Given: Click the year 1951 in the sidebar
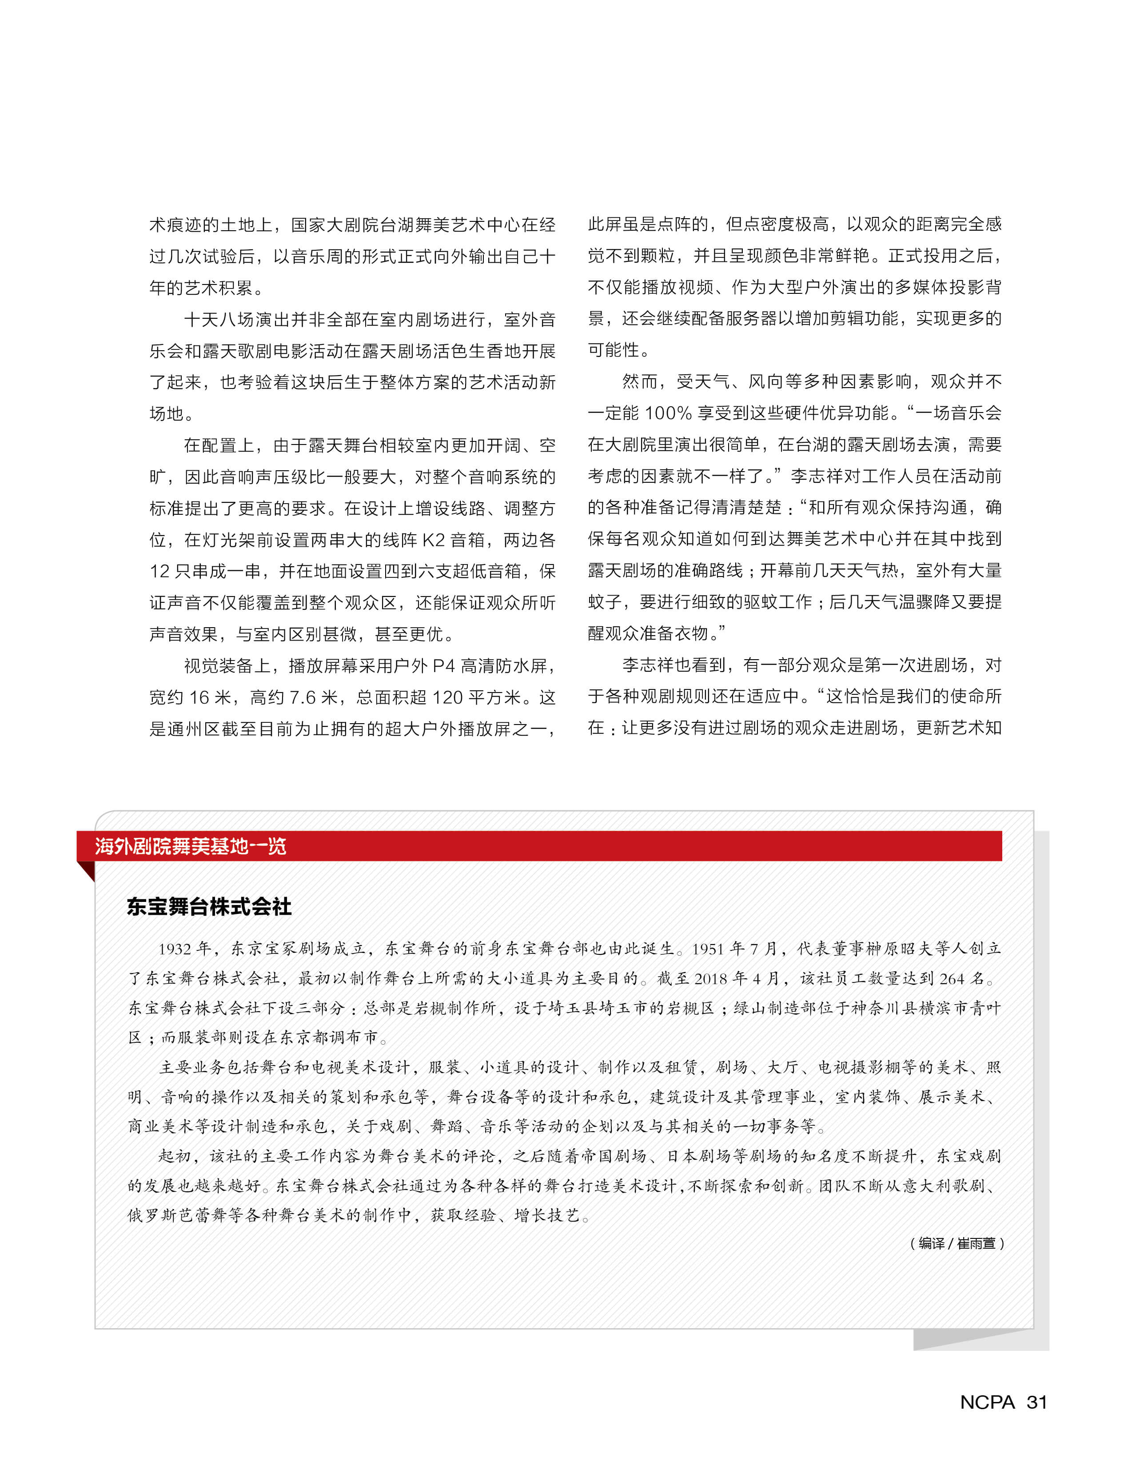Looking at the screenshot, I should [708, 949].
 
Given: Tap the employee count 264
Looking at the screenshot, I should [952, 978].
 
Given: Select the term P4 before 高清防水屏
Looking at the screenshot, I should [444, 666].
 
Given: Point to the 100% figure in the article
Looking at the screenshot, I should [668, 413].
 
